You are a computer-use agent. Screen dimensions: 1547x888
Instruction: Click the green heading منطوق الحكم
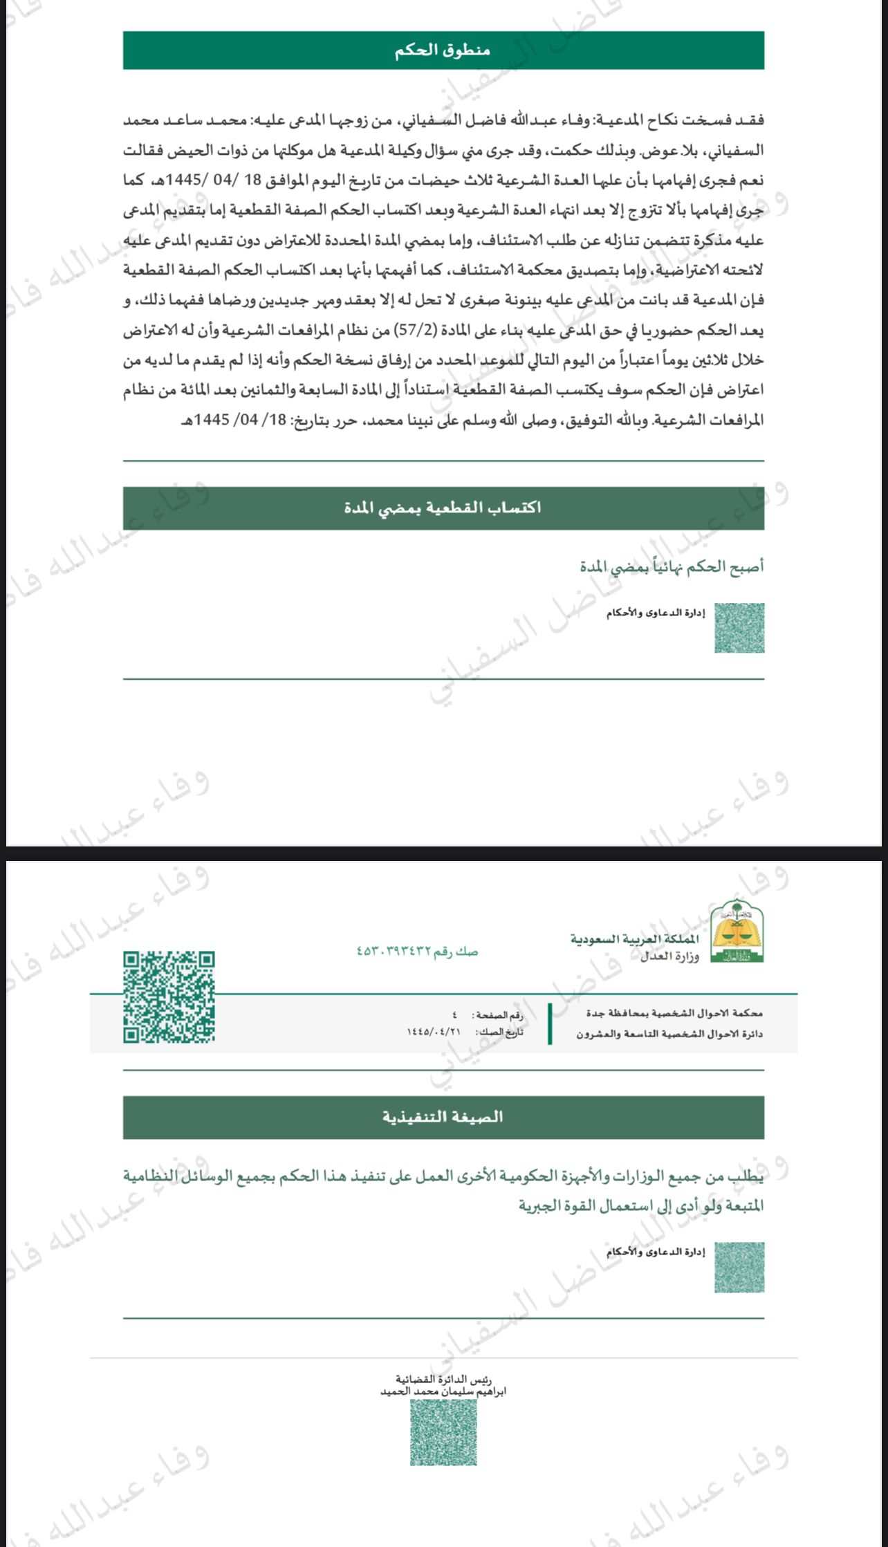(x=443, y=50)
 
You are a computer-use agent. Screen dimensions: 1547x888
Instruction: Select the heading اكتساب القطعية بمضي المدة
(x=443, y=508)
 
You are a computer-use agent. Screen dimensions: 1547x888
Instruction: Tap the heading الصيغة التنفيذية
(x=443, y=1117)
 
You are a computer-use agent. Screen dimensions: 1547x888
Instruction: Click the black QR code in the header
(x=169, y=997)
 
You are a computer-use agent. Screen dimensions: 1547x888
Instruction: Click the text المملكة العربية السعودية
(x=634, y=938)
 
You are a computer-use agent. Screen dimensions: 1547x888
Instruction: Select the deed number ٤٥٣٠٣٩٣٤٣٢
(x=394, y=952)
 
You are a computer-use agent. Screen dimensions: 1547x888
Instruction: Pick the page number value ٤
(x=454, y=1015)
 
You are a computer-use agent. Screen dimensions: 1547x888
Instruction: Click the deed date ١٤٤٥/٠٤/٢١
(x=434, y=1032)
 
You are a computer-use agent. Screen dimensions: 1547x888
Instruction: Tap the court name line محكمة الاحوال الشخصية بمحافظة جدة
(x=674, y=1013)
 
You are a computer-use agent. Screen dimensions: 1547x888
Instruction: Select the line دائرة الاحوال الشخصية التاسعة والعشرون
(x=669, y=1034)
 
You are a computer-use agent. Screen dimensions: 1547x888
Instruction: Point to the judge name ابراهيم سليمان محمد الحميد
(x=443, y=1391)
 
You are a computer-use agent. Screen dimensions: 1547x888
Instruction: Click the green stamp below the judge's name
(x=443, y=1432)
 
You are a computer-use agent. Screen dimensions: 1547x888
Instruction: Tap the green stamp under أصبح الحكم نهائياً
(x=739, y=628)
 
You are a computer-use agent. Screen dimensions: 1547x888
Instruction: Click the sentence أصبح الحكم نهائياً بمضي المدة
(x=672, y=567)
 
